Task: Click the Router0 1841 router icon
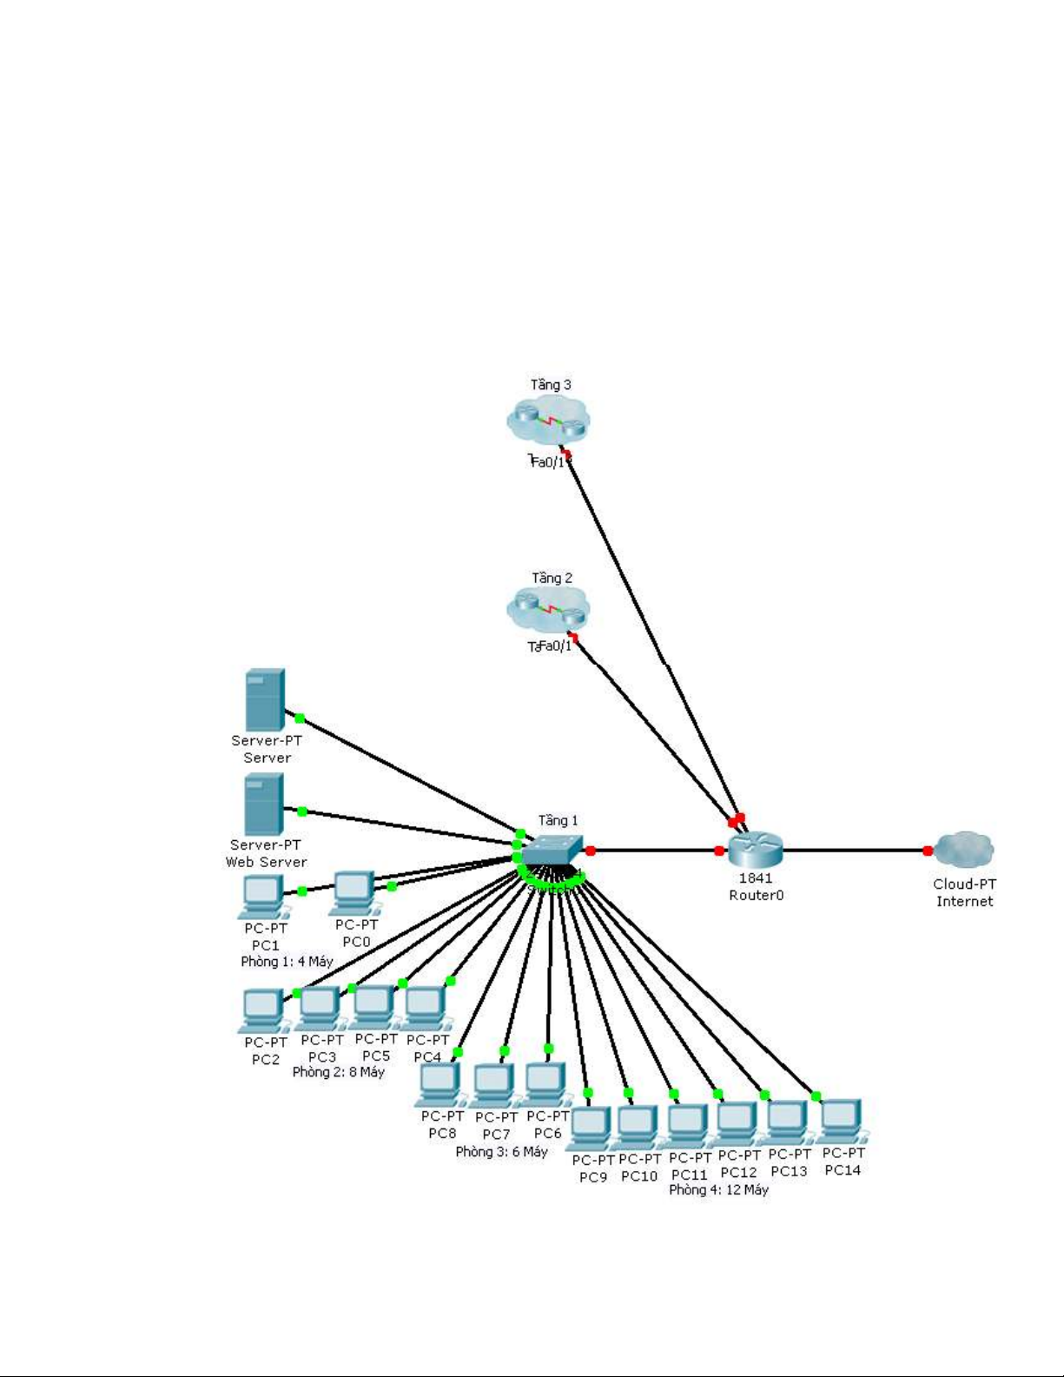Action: click(756, 849)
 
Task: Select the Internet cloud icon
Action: click(964, 849)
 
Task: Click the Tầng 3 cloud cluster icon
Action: click(548, 421)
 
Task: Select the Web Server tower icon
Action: click(264, 804)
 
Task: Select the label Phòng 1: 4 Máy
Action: click(287, 962)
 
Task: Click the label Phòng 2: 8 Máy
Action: click(338, 1072)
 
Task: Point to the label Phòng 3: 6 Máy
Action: click(501, 1151)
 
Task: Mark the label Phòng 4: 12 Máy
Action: click(718, 1189)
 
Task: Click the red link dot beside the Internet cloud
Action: click(928, 851)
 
